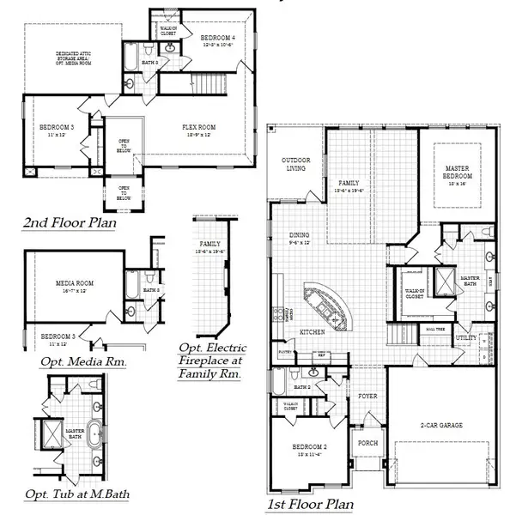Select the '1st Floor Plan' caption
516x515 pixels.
pyautogui.click(x=310, y=505)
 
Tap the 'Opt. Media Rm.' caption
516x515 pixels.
pyautogui.click(x=82, y=361)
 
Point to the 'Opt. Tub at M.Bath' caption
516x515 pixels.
pyautogui.click(x=74, y=494)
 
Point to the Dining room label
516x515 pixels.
pyautogui.click(x=300, y=238)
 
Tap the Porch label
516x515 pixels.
pyautogui.click(x=369, y=443)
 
